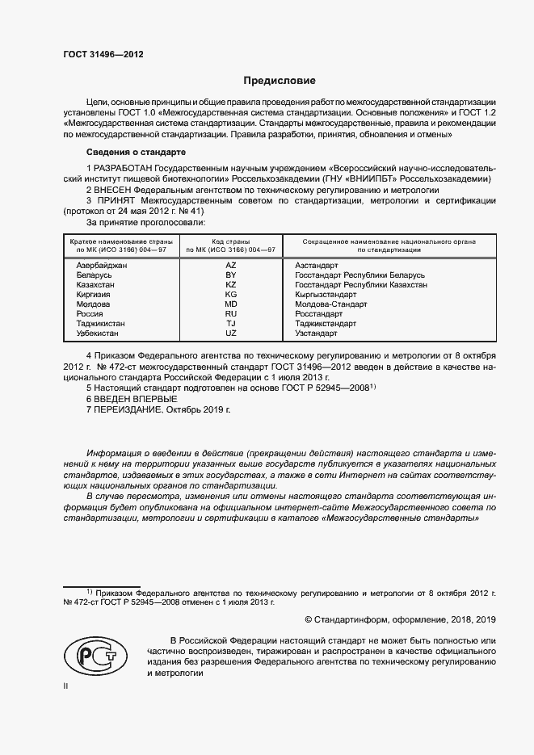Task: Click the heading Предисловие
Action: coord(280,81)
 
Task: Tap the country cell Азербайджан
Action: coord(101,266)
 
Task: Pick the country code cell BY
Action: coord(231,275)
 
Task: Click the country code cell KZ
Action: coord(231,285)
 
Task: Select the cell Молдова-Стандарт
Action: coord(331,304)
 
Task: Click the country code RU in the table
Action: coord(231,314)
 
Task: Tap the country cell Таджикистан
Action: coord(100,324)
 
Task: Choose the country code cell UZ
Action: coord(231,333)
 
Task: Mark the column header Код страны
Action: coord(231,241)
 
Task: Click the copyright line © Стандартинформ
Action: coord(400,619)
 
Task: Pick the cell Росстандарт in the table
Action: coord(319,314)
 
